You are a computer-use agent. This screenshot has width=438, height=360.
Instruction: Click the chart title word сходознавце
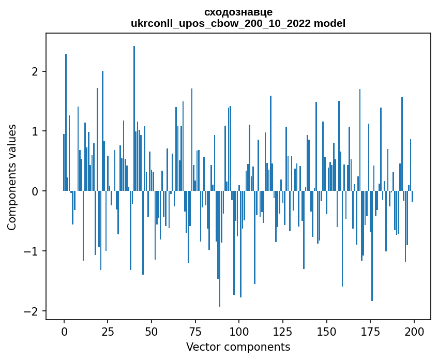[238, 12]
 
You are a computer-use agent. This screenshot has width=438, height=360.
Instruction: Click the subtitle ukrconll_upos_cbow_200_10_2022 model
[238, 23]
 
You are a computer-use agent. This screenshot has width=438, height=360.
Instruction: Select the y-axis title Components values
[11, 177]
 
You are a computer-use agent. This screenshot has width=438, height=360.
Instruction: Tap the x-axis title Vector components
[238, 347]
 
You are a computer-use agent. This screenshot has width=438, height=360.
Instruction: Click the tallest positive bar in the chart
[134, 119]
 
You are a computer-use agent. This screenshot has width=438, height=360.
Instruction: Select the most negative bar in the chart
[220, 248]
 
